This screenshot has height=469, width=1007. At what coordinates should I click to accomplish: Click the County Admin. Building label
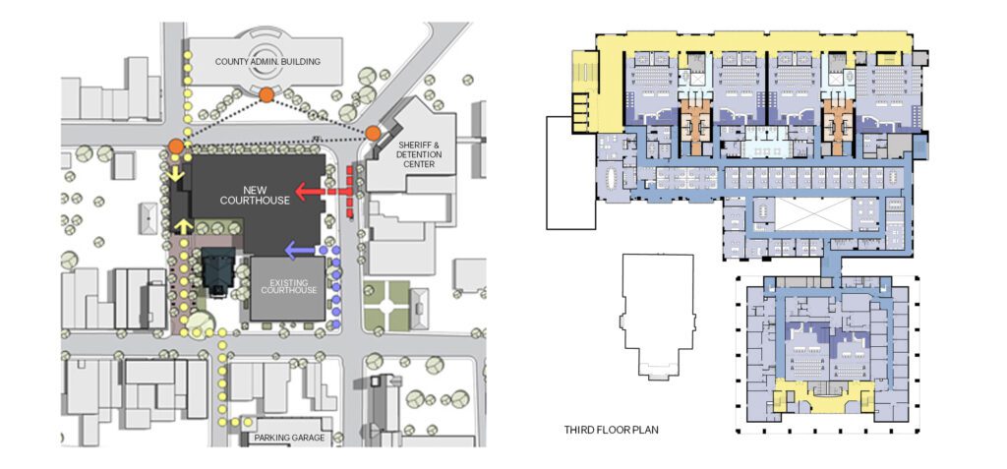[267, 62]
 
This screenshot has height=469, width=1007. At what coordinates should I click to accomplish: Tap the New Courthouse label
[256, 195]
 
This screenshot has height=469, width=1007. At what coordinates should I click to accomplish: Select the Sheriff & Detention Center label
[415, 154]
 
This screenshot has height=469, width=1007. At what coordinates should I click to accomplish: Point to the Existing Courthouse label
[288, 286]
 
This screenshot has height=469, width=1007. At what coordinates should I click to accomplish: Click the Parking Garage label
[289, 439]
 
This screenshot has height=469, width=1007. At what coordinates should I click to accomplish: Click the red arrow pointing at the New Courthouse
[323, 191]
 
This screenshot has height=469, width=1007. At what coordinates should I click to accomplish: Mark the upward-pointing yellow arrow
[183, 226]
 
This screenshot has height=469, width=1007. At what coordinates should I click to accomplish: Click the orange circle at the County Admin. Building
[267, 95]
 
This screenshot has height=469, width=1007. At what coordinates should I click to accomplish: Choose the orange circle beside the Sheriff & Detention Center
[373, 133]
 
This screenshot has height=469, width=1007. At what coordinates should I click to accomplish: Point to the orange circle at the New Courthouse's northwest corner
[176, 147]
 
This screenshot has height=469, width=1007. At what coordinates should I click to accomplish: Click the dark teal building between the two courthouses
[218, 271]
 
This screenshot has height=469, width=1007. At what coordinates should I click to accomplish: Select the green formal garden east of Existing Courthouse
[387, 305]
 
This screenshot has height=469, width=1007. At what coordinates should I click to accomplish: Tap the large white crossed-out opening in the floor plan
[813, 214]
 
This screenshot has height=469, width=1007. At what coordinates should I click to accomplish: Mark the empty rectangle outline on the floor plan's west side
[571, 172]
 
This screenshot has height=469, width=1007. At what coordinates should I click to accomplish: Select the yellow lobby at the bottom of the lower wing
[824, 397]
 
